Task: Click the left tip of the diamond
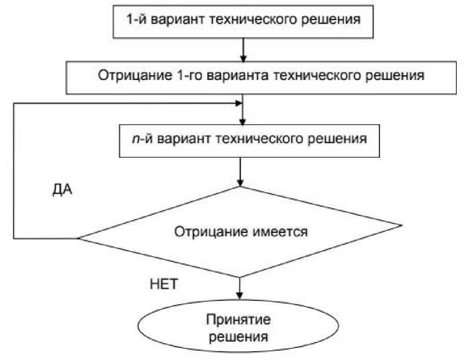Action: [79, 238]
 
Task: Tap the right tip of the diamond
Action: [402, 225]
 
